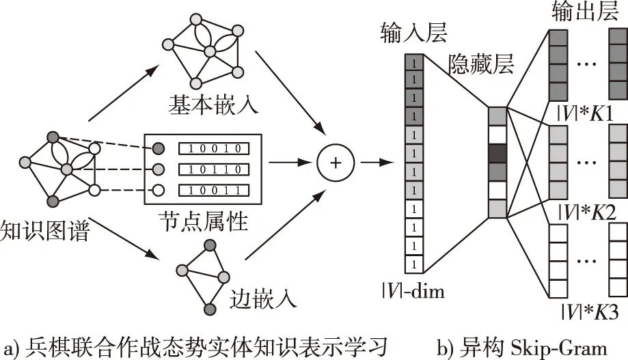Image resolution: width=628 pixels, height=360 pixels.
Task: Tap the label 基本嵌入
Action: [204, 105]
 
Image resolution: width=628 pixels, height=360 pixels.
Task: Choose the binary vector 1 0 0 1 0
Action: [213, 148]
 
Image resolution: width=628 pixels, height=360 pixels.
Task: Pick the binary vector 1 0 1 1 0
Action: [213, 168]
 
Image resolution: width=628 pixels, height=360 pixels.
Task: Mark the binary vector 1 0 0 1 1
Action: [213, 189]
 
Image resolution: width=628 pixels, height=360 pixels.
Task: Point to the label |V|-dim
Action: [413, 292]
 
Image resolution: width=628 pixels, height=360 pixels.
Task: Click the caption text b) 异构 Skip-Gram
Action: [522, 346]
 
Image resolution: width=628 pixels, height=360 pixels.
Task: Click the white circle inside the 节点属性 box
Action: [158, 190]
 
